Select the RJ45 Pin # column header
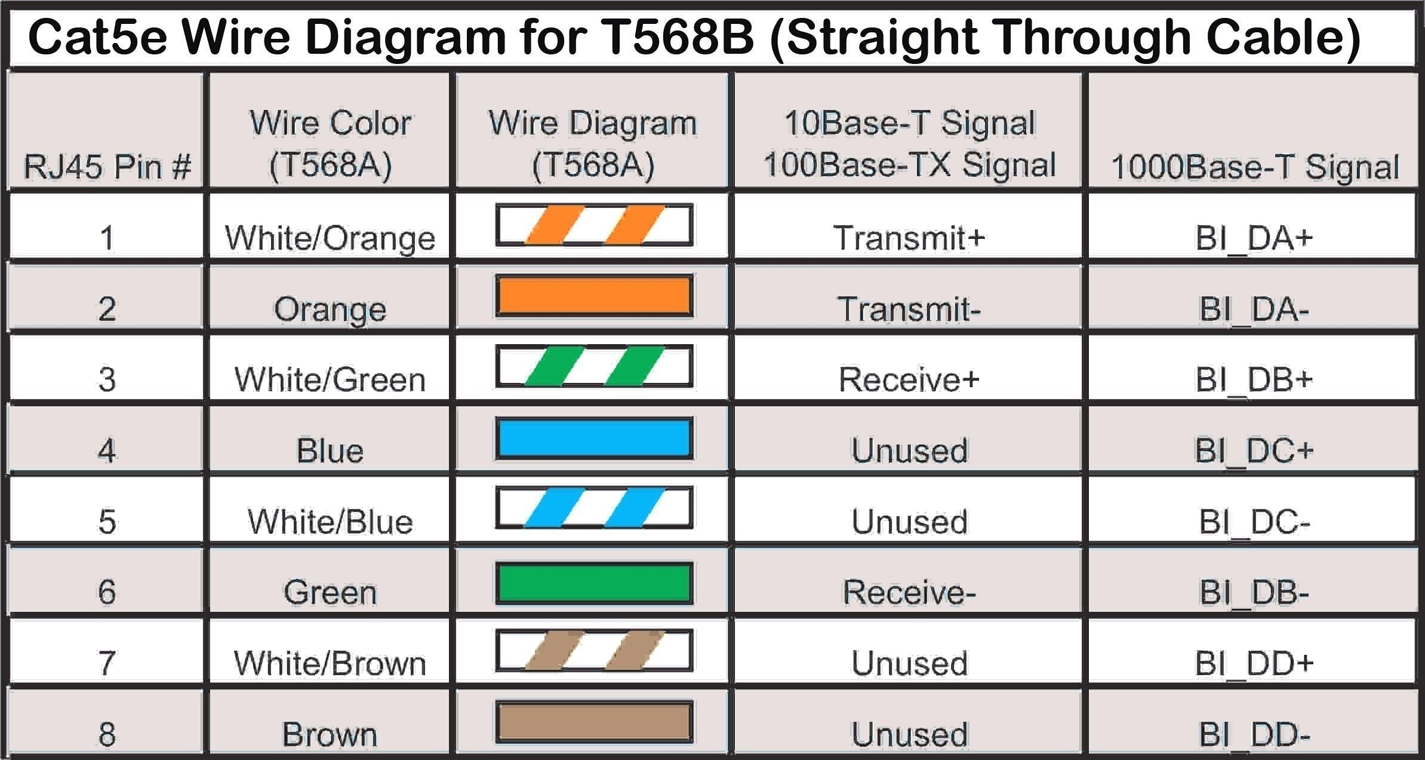point(107,166)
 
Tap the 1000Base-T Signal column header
point(1254,167)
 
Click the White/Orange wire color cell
point(330,238)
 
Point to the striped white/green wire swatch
point(594,366)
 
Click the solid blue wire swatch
point(594,439)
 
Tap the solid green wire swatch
point(594,583)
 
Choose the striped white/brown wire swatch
point(594,650)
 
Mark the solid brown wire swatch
point(594,722)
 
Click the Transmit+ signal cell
point(909,238)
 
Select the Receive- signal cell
point(909,592)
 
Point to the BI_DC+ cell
point(1254,451)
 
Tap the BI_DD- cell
point(1254,734)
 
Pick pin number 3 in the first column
point(107,379)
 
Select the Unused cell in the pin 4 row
point(909,451)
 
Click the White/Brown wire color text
point(330,663)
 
